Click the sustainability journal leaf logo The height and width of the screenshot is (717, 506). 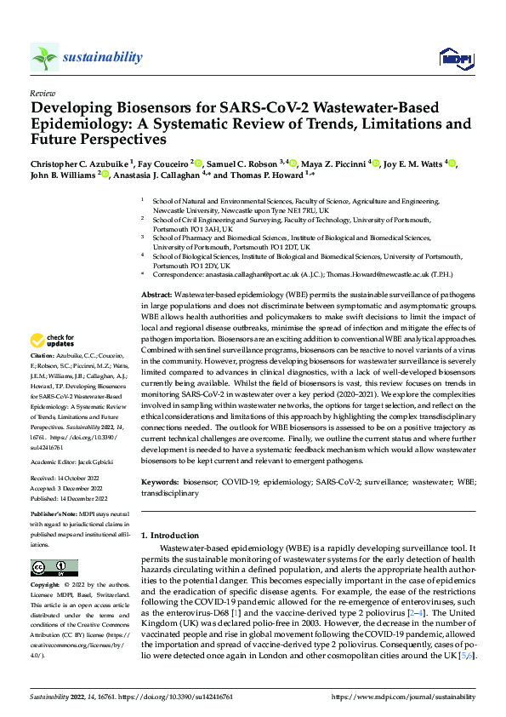[44, 58]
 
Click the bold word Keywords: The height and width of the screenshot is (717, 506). [162, 481]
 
